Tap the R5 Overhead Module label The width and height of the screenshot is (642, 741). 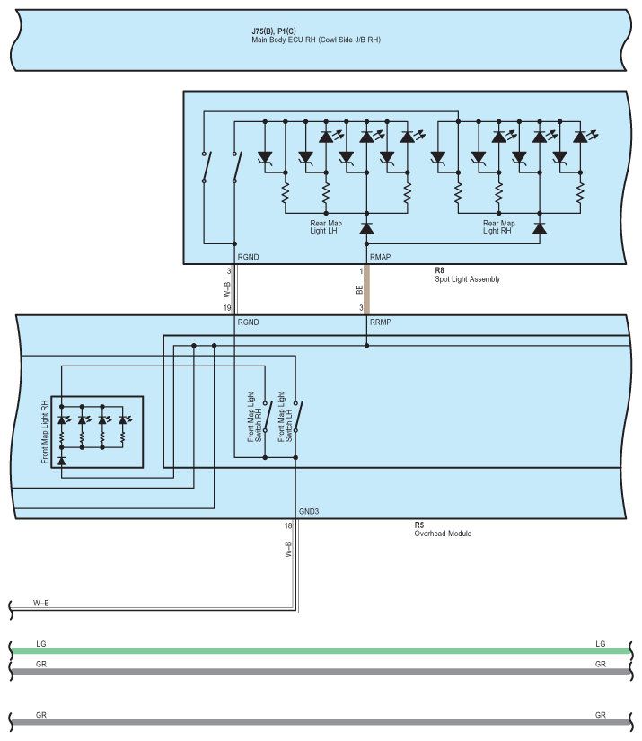(x=442, y=529)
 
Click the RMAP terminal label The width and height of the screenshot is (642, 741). (x=380, y=258)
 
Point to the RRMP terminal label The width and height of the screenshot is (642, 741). (x=381, y=322)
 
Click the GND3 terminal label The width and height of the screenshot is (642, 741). (x=309, y=511)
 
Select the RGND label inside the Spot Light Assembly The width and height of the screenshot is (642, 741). (x=248, y=258)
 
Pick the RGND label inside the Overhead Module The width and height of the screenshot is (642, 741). (x=248, y=322)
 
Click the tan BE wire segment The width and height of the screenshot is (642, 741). (x=366, y=289)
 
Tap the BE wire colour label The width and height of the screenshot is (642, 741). (x=359, y=290)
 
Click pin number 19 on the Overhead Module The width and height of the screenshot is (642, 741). (x=227, y=308)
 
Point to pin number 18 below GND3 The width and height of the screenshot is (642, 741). (x=287, y=525)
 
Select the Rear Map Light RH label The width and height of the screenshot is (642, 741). (x=499, y=227)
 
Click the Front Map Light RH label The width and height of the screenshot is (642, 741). (x=45, y=432)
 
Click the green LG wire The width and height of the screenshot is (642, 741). (x=314, y=651)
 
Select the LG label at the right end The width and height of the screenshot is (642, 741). (x=600, y=644)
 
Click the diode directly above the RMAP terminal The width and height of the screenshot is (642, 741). (x=366, y=228)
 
